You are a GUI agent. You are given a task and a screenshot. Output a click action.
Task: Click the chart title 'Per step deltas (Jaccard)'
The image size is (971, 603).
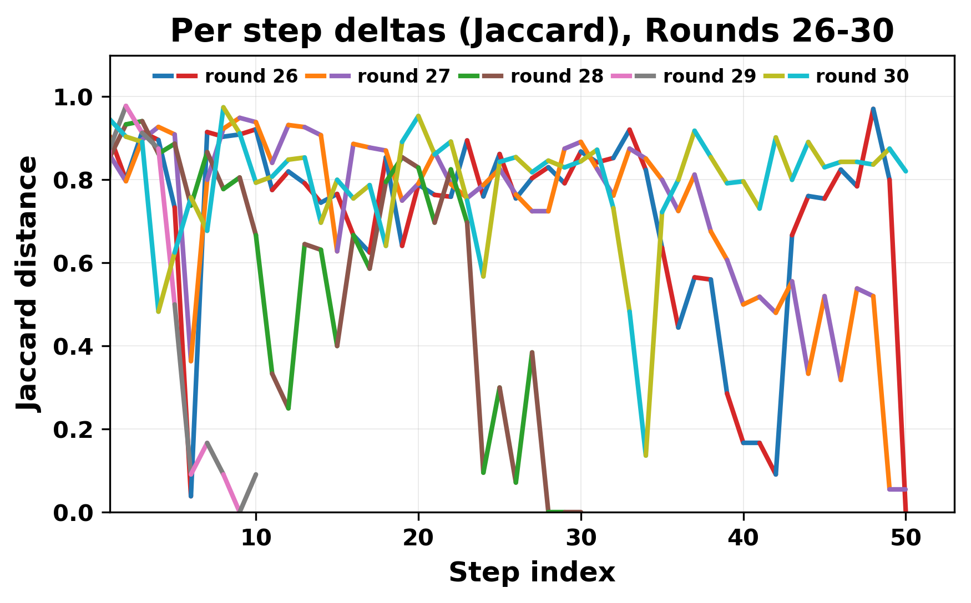(532, 31)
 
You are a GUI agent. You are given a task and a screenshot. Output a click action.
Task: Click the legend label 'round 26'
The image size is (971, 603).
(251, 76)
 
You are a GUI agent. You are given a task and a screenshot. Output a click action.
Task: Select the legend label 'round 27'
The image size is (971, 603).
(404, 76)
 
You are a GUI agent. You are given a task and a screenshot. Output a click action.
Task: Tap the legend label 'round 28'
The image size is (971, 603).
(557, 76)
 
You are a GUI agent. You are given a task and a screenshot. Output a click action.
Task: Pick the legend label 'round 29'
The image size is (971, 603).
(710, 76)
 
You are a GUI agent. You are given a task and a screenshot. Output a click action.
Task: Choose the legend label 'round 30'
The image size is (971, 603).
(862, 76)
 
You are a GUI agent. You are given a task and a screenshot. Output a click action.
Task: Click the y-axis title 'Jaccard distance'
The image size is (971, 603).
(28, 284)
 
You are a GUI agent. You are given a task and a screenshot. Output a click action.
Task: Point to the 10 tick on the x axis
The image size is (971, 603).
(256, 538)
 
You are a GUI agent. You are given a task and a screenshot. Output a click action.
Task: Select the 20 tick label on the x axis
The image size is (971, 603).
(418, 538)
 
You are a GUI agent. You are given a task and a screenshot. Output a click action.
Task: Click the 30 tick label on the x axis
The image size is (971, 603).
(581, 538)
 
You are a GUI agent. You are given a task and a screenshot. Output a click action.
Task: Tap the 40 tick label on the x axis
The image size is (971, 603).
(744, 538)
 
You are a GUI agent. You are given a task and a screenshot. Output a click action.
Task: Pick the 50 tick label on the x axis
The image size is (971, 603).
(906, 538)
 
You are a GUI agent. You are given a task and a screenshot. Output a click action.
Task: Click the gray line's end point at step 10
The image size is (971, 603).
(256, 474)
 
